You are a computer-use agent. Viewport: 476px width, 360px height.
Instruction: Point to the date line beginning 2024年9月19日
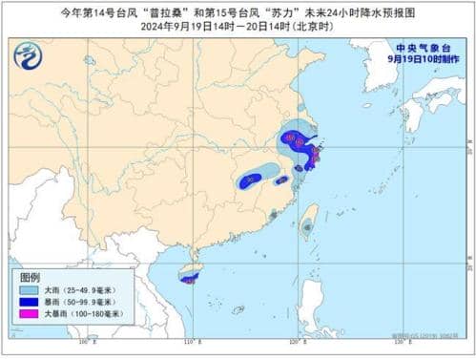[237, 27]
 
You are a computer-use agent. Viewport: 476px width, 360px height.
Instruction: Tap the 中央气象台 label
[420, 45]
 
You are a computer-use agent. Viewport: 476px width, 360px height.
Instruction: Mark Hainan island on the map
[190, 276]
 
